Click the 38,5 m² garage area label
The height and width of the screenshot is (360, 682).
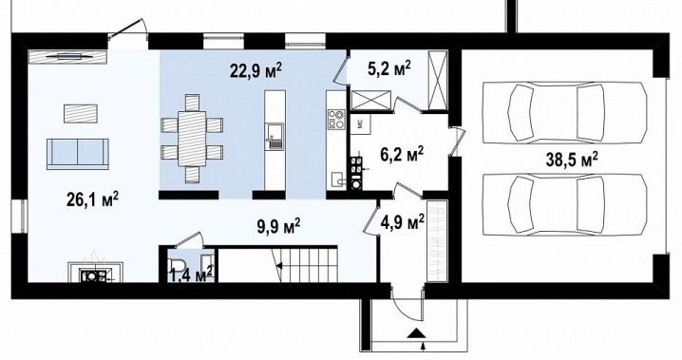(x=572, y=160)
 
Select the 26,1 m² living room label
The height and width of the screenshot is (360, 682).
(x=93, y=199)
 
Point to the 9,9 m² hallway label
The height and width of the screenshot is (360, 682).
(x=278, y=226)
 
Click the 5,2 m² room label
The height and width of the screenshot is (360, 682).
(x=389, y=68)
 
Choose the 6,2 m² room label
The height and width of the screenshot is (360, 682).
(x=403, y=154)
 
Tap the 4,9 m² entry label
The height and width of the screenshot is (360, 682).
(x=403, y=222)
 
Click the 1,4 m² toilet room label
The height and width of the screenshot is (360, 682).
(x=191, y=275)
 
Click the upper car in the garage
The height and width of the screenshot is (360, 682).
(x=564, y=112)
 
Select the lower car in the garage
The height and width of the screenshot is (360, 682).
(x=564, y=205)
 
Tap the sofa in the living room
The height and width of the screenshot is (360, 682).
(x=78, y=154)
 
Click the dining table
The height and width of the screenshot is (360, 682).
(x=192, y=139)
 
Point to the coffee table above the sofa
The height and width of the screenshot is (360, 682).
(x=81, y=113)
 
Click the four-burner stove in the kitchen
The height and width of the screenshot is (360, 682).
(x=336, y=119)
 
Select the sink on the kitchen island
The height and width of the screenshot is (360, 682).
(x=275, y=136)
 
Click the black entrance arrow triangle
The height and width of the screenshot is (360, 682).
(x=417, y=332)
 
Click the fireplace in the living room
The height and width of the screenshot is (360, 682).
(x=95, y=273)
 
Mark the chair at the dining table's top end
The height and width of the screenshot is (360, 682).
(x=192, y=103)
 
